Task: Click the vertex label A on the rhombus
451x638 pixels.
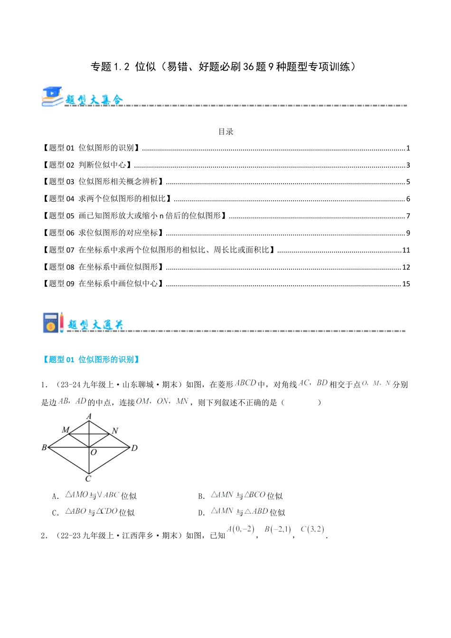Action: tap(89, 416)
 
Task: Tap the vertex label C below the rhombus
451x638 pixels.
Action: tap(88, 478)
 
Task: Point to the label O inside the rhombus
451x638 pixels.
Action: tap(94, 452)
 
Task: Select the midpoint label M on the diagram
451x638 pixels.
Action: tap(66, 430)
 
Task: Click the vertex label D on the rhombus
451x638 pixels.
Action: tap(134, 448)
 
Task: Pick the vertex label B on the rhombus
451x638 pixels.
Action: tap(44, 447)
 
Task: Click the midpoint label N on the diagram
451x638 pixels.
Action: tap(115, 431)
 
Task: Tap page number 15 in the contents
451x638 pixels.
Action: tap(406, 284)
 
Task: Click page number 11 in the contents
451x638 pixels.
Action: tap(406, 250)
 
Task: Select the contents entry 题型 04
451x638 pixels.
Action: tap(107, 199)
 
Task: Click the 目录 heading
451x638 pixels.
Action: tap(226, 131)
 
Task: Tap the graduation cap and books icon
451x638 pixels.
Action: tap(52, 96)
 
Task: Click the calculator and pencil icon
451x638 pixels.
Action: tap(53, 322)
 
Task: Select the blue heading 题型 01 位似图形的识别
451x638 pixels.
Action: tap(91, 359)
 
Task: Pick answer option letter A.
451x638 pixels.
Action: tap(56, 497)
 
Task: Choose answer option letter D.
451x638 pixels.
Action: tap(201, 513)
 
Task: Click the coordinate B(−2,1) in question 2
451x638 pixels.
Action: tap(278, 530)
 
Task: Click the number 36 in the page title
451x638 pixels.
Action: tap(248, 67)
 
